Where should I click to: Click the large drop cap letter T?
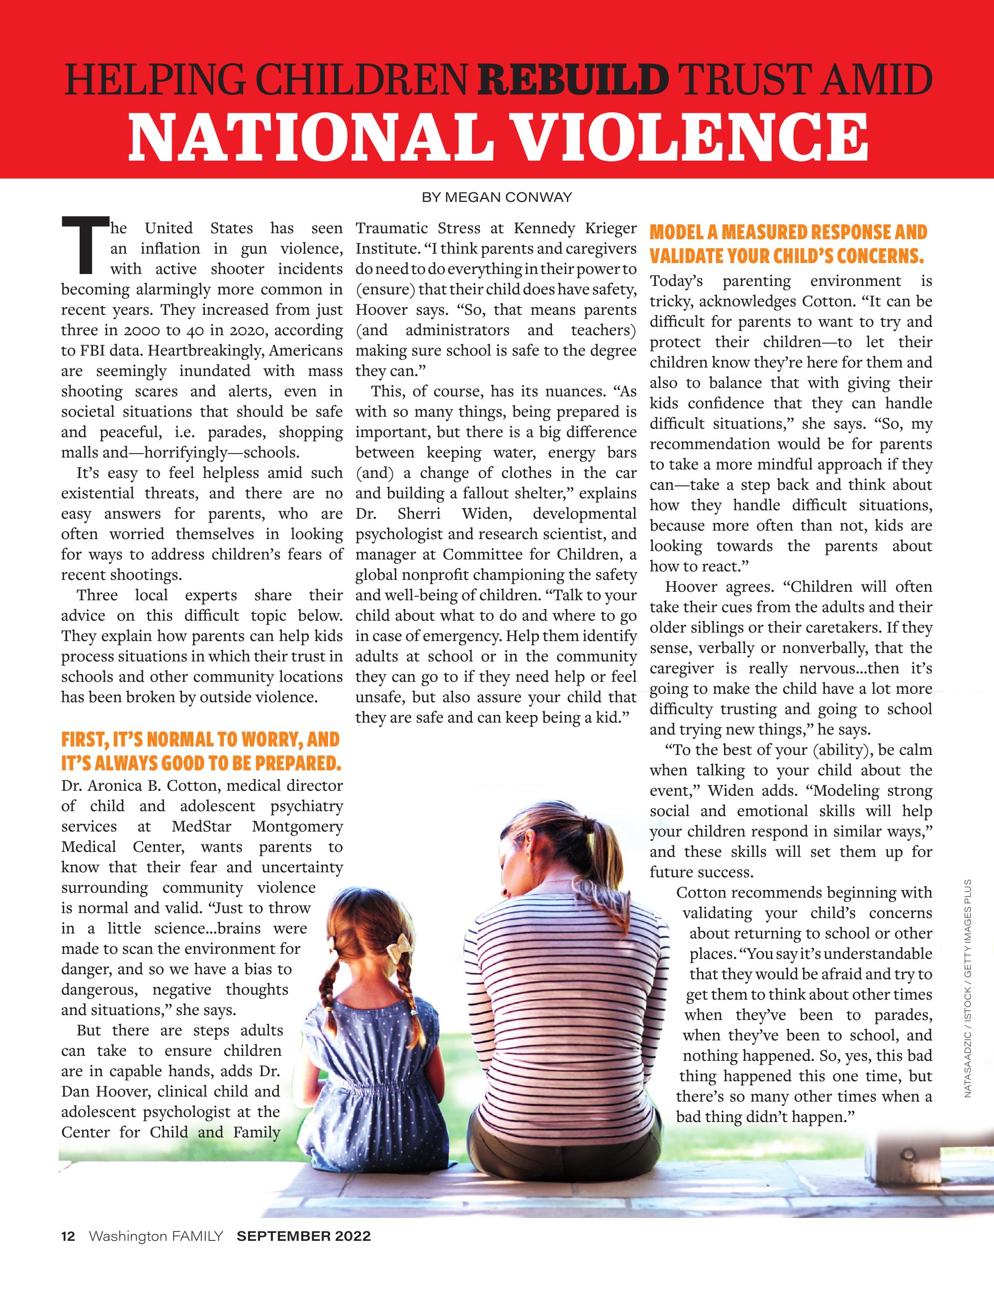85,246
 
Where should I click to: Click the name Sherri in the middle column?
419,514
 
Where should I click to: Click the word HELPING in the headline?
155,81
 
